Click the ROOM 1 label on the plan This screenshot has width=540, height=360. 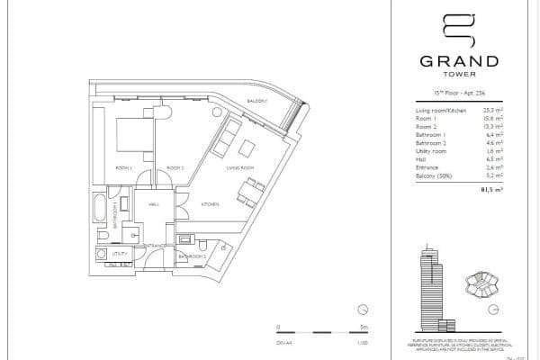(124, 168)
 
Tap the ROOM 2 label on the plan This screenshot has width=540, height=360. (175, 168)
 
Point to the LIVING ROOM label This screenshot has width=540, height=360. (238, 167)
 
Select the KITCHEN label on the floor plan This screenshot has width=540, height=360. (209, 204)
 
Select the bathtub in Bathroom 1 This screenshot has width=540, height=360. (99, 208)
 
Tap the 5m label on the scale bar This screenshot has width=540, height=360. (361, 327)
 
